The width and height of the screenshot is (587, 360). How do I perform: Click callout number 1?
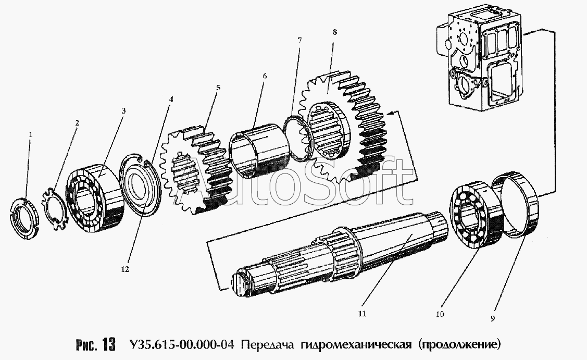pos(31,134)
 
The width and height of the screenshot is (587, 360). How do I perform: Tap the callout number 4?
pos(171,98)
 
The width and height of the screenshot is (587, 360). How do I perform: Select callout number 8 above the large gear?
pos(334,32)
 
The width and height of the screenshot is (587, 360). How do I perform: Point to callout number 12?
pos(125,269)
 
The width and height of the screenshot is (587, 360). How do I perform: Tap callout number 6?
pos(265,76)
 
